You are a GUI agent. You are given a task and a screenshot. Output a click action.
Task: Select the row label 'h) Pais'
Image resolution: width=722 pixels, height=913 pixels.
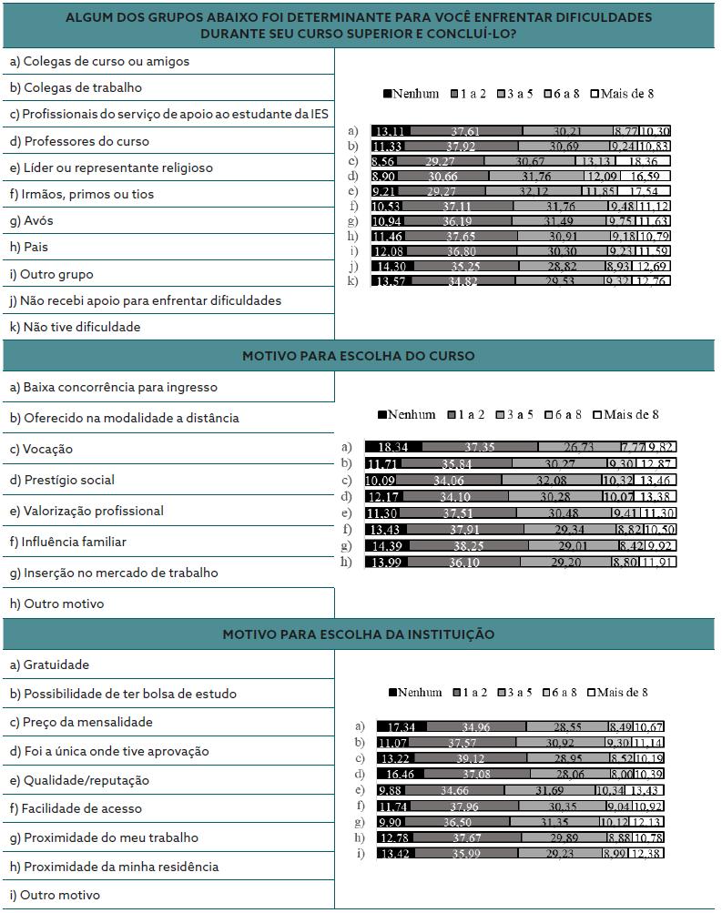click(29, 247)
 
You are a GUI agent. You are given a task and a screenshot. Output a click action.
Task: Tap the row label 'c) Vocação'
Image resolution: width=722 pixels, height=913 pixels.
click(41, 449)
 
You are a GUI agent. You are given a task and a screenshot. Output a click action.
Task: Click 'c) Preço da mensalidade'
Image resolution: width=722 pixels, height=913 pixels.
click(81, 722)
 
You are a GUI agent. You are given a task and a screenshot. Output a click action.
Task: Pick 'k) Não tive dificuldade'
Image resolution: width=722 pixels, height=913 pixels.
click(75, 327)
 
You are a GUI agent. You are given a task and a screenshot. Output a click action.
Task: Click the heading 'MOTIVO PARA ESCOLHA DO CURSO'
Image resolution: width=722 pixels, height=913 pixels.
click(358, 356)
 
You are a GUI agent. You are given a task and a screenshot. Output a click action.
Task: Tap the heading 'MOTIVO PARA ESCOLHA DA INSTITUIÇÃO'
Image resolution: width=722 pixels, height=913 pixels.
click(358, 634)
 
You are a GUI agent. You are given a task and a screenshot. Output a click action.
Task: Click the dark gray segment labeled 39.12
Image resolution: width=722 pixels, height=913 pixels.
click(475, 758)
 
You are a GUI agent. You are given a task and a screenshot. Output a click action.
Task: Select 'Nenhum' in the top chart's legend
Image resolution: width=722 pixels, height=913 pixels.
click(411, 94)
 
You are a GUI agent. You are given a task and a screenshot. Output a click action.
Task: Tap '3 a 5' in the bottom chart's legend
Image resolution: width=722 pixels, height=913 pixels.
click(514, 693)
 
